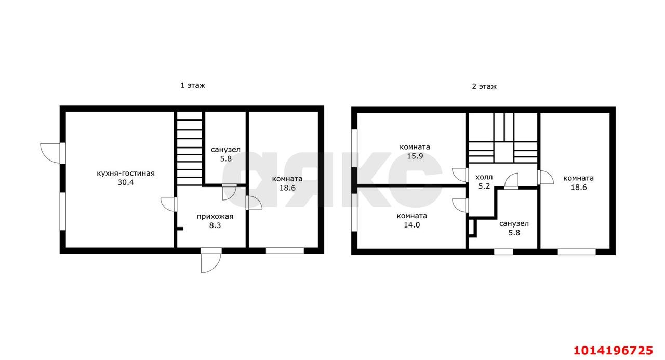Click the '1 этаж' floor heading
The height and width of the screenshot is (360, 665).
193,86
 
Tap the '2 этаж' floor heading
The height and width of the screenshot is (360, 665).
484,87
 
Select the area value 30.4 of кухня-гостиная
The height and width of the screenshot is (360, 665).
126,182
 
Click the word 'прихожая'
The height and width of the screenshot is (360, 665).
215,217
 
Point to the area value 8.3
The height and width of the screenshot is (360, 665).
215,225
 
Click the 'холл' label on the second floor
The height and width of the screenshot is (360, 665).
484,177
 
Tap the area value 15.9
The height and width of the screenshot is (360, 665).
415,156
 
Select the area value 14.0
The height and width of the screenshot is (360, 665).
412,225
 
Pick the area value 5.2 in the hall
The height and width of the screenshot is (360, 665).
484,186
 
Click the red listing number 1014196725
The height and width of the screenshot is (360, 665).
613,351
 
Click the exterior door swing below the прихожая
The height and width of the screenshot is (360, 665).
211,260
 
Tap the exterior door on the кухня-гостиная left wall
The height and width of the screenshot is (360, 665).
53,153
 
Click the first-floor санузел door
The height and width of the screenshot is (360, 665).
229,192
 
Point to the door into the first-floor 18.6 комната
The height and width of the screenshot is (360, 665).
254,203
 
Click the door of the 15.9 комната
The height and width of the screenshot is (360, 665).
460,175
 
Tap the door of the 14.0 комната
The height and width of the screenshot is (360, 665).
460,206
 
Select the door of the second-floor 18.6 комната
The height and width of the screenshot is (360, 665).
546,177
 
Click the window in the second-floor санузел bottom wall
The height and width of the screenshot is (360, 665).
503,251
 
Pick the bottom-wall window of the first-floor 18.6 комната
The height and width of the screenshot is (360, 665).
285,251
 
